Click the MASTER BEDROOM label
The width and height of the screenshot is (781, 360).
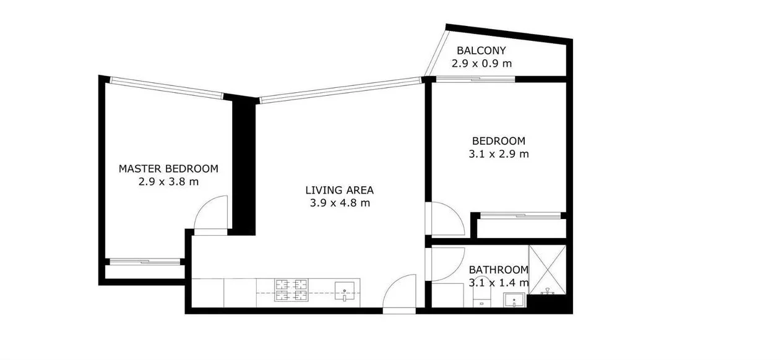(x=168, y=168)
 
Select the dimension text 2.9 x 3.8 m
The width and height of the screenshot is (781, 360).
(x=168, y=182)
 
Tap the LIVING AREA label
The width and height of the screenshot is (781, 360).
(x=340, y=190)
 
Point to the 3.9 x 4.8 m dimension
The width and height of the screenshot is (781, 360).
(x=340, y=203)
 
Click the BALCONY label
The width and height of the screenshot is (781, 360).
(x=481, y=50)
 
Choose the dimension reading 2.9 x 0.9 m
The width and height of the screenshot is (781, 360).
(x=481, y=63)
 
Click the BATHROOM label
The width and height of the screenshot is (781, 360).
(x=498, y=270)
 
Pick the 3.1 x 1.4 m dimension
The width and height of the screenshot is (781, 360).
(x=498, y=283)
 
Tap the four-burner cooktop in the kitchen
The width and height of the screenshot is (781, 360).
(x=291, y=292)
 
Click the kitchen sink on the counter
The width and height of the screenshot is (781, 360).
(x=344, y=291)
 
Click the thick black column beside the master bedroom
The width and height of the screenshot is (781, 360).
(x=243, y=167)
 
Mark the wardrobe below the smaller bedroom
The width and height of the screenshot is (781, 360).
(x=519, y=228)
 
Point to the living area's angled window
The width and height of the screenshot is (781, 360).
(x=340, y=90)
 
